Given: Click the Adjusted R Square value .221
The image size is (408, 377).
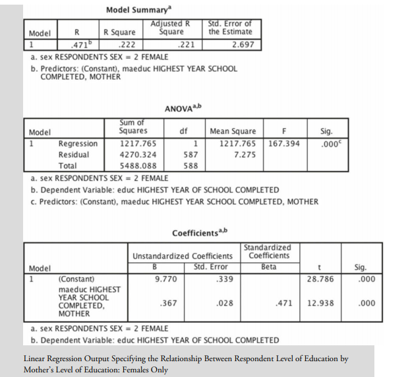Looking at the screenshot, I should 187,45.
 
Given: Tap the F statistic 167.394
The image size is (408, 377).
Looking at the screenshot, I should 284,143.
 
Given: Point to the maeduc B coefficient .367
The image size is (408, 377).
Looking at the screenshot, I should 167,303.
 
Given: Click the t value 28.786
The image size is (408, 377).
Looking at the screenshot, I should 320,279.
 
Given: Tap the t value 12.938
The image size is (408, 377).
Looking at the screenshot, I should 320,303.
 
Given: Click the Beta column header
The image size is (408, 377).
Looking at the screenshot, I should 268,267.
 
